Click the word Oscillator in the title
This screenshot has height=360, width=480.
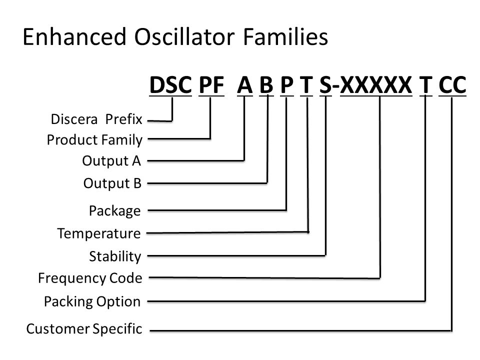click(x=184, y=36)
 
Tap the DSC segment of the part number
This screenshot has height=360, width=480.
click(x=170, y=85)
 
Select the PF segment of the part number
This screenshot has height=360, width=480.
click(x=211, y=85)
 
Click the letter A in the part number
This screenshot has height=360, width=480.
click(x=245, y=85)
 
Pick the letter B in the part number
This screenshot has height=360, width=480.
click(x=266, y=85)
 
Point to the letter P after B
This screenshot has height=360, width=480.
click(x=287, y=85)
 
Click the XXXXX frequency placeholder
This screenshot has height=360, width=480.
click(x=376, y=85)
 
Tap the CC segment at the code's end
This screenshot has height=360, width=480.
click(x=452, y=85)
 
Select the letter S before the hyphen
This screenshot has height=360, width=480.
click(x=325, y=85)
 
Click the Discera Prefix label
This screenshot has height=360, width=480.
click(x=96, y=119)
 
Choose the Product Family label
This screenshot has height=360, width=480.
click(x=94, y=140)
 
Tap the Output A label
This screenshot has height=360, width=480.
click(x=111, y=161)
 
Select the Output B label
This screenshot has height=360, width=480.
click(x=112, y=183)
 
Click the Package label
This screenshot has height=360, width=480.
click(x=115, y=211)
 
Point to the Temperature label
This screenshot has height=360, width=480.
click(x=99, y=233)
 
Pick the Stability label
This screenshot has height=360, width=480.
click(x=115, y=256)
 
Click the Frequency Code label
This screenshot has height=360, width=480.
click(x=90, y=278)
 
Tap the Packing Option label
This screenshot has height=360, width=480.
click(x=92, y=301)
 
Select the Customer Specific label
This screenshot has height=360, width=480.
click(x=84, y=329)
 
